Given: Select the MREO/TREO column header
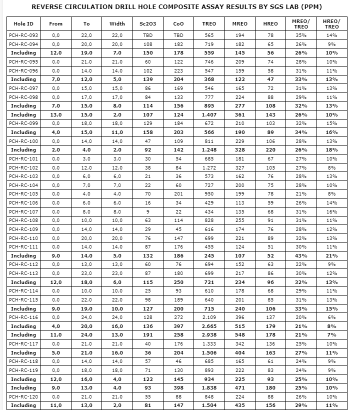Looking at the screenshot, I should point(300,23).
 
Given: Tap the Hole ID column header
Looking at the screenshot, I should point(23,23).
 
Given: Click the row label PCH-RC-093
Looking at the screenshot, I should point(23,35).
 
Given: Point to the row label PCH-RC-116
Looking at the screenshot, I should point(23,317).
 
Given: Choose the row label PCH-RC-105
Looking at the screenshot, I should point(23,194).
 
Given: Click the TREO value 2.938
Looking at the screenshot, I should point(209,335).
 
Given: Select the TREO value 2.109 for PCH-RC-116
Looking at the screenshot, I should point(209,317).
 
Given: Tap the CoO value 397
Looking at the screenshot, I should point(178,326).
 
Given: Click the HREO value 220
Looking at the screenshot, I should point(270,150).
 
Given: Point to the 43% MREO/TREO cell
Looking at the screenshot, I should point(300,255).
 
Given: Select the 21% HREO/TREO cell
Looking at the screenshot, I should point(332,255).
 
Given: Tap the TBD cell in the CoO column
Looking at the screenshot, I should point(178,35).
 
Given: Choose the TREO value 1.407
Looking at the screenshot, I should point(209,114).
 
